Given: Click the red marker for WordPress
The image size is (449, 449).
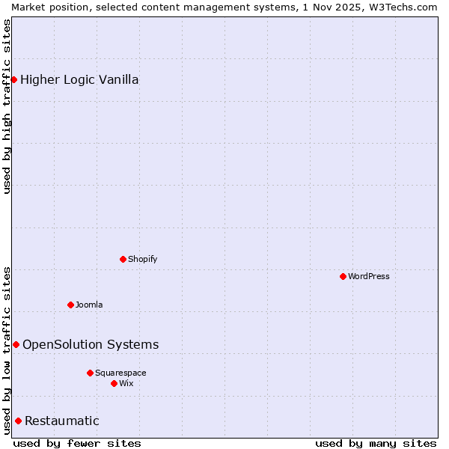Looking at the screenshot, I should pos(343,276).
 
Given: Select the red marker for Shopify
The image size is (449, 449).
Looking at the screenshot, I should pos(123,259).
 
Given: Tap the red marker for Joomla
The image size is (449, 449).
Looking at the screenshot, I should pos(70,305).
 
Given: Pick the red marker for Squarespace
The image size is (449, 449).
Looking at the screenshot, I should pos(90,373).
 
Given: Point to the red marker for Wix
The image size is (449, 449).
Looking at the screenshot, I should pos(114,383).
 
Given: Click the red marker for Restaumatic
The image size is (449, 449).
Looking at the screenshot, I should pos(18,421).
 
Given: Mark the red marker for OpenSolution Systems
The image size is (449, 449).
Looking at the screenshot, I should pos(16,344).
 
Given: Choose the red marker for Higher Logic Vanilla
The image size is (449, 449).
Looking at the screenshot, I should pos(13,79).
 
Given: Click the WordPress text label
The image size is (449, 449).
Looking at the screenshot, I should pos(369,276).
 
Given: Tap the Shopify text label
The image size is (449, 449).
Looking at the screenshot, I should pos(143,259).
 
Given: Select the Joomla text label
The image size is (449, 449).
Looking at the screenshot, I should pos(89,305).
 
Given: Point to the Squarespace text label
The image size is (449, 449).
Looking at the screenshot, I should pos(120,373).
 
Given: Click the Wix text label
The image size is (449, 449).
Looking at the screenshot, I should pos(126,383).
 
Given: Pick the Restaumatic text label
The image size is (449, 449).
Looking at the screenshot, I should pos(62,421).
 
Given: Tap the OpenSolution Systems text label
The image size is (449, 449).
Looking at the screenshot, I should pos(91,344).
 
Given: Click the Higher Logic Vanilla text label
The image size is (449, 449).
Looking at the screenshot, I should pos(79,79).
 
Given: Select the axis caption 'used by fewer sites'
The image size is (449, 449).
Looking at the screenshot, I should pos(77,443).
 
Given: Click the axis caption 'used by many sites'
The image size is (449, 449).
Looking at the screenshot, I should pos(376,443).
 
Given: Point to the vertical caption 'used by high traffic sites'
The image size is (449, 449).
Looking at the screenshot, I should pos(7,106).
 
